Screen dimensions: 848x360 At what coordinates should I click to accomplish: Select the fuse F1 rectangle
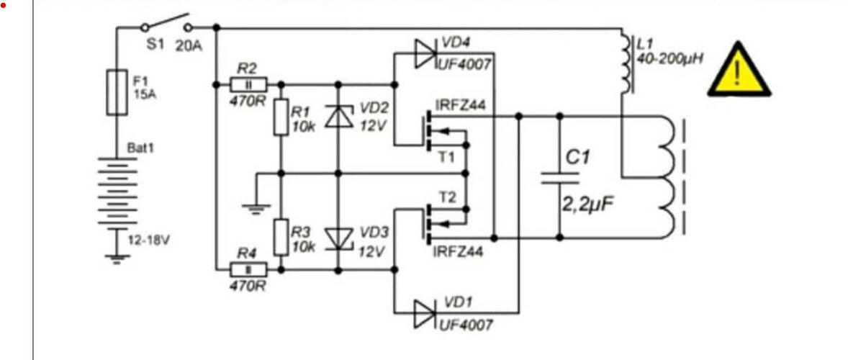point(117,92)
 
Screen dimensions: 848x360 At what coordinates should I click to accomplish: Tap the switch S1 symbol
point(166,24)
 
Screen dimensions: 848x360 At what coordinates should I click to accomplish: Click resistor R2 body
point(248,84)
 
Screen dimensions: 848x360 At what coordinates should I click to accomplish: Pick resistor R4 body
point(248,269)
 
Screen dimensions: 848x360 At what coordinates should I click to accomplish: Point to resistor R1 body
point(281,117)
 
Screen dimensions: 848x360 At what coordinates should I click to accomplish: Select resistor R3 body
point(281,237)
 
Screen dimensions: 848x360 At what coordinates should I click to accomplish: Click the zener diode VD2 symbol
point(339,116)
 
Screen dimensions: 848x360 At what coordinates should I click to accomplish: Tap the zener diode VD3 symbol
point(339,238)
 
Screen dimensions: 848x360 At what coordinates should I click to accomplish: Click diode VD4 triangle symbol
point(425,53)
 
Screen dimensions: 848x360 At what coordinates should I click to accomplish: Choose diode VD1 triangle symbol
point(425,313)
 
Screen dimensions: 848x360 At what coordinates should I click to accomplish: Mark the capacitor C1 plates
point(560,179)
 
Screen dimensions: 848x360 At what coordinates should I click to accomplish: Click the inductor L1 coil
point(626,63)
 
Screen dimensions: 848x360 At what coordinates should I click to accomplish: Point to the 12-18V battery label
point(148,240)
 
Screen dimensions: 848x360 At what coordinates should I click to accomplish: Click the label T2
point(447,197)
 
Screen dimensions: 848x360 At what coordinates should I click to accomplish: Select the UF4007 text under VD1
point(465,325)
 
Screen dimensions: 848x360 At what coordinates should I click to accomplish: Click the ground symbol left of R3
point(256,208)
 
